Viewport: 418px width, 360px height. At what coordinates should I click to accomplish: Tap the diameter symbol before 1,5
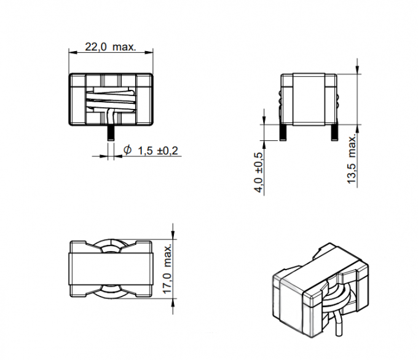click(127, 150)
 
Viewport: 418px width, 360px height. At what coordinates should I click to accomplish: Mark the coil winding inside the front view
click(110, 98)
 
